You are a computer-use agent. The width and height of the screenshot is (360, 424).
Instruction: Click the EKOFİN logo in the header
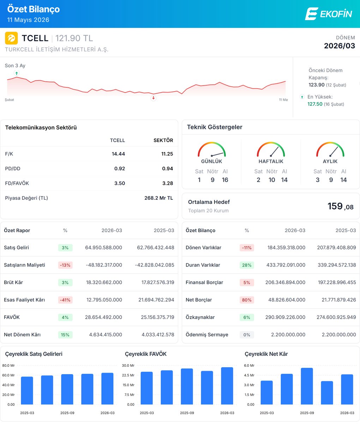329,14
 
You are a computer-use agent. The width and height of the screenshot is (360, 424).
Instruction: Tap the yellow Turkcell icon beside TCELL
11,38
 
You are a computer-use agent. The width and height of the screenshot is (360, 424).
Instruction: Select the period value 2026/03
339,46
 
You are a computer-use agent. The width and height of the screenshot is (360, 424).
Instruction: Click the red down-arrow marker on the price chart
153,98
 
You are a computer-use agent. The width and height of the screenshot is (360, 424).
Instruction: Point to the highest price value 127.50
315,104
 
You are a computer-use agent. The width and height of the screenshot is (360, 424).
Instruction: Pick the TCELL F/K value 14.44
118,154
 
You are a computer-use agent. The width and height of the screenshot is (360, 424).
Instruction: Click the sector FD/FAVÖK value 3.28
168,183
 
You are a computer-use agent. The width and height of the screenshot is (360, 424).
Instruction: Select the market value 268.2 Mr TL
158,198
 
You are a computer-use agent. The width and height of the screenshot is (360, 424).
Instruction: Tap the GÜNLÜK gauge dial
212,149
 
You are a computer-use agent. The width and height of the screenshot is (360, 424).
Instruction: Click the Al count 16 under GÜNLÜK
225,180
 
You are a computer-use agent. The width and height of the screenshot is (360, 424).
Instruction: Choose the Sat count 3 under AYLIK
318,180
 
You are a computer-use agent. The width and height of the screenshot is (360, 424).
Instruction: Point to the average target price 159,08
340,206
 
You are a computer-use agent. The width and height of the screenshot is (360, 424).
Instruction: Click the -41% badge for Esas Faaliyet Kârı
65,300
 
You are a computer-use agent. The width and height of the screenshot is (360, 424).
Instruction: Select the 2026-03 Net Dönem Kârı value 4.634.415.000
106,335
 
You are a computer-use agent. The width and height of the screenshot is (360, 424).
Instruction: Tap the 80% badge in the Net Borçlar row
247,300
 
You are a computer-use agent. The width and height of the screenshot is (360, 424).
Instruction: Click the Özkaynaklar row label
200,317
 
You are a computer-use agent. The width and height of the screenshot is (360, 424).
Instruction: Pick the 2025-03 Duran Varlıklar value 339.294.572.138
337,265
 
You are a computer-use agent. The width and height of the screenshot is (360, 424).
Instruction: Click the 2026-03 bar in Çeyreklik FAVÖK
227,386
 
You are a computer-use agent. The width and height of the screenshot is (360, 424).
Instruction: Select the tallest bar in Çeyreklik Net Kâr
307,386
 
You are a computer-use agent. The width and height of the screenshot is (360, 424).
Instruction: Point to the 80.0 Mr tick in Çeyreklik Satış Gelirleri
8,365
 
